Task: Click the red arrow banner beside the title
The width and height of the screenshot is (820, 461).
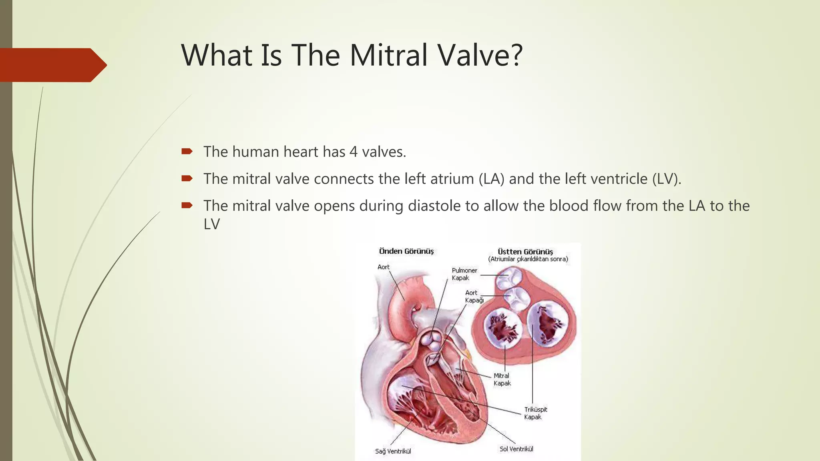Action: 52,65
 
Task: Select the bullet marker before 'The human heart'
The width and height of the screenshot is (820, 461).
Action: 187,151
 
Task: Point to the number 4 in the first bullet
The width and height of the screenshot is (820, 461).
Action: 353,152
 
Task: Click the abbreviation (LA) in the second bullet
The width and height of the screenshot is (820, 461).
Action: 491,179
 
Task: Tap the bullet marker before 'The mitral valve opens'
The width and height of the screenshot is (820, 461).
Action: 187,206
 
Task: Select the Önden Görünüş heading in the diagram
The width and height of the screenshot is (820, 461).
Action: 406,251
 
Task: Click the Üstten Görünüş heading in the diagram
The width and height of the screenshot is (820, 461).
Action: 525,252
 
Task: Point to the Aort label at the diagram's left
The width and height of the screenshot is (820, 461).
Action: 383,267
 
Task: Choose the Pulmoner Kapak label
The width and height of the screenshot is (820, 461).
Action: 464,274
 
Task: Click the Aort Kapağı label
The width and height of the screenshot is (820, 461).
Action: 474,297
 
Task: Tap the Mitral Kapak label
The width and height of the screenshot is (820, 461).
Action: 502,379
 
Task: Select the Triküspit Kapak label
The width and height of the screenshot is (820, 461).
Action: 535,413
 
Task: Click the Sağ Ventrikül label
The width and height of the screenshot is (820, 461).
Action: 393,451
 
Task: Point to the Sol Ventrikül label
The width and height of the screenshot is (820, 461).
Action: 516,449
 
